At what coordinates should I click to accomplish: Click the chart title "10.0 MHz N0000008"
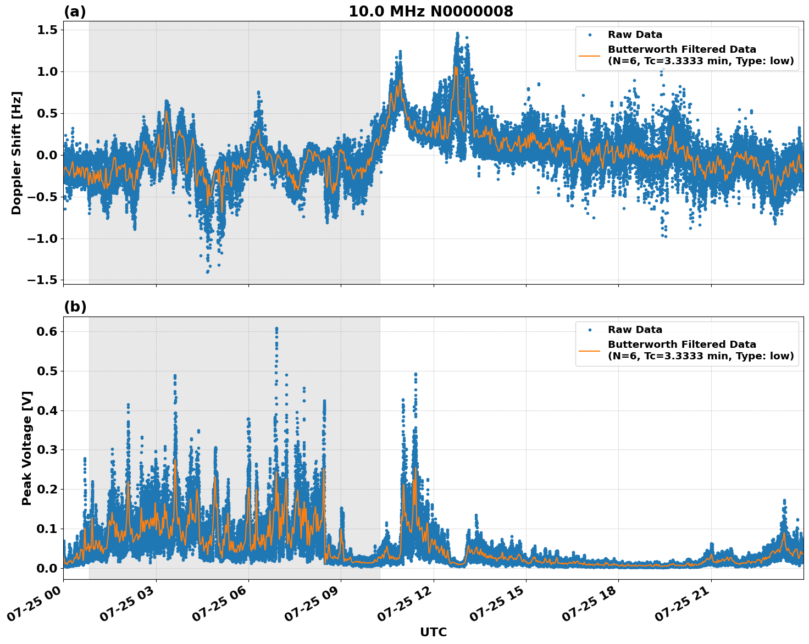(x=431, y=12)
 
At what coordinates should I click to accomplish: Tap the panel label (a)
(x=75, y=12)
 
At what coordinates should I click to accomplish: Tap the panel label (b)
(x=75, y=307)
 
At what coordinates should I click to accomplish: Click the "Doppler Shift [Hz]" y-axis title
(x=16, y=153)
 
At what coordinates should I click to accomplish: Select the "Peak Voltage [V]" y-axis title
(x=27, y=448)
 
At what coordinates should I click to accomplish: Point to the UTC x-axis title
(x=433, y=632)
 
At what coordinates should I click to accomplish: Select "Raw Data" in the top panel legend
(x=635, y=35)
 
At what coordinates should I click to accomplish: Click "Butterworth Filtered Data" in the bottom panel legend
(x=681, y=345)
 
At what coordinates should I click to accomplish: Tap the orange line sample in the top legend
(x=590, y=55)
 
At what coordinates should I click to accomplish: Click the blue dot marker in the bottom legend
(x=590, y=330)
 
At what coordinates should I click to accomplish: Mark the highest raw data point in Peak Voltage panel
(x=276, y=329)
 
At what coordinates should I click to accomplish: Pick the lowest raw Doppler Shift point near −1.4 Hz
(x=207, y=271)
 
